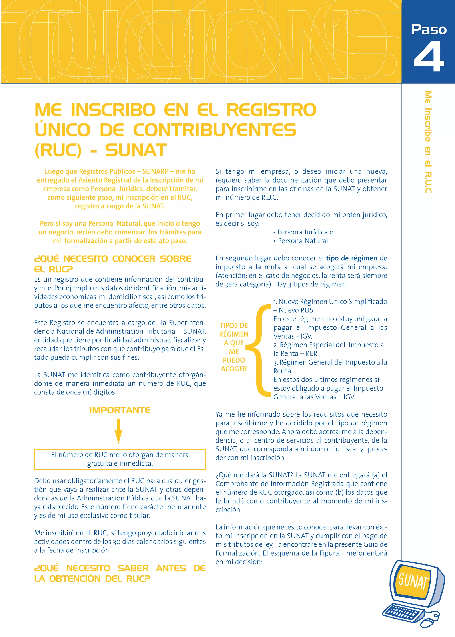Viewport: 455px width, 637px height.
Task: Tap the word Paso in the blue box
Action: pos(429,29)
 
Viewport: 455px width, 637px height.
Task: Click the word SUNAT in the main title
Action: pos(136,150)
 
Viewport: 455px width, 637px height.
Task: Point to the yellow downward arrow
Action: pos(118,431)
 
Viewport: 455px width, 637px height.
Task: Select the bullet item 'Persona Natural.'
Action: pos(303,241)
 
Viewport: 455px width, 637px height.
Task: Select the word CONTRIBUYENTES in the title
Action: pos(214,130)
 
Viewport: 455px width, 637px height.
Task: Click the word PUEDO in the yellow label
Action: pos(234,360)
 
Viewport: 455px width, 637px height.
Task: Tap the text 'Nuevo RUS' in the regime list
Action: pos(296,310)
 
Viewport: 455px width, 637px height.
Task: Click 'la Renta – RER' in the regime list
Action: pos(295,354)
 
